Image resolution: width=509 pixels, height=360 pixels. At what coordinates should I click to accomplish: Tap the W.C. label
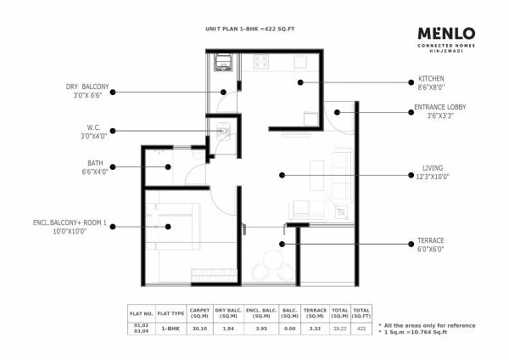(88, 127)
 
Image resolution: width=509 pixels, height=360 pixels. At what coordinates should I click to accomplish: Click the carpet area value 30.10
(199, 326)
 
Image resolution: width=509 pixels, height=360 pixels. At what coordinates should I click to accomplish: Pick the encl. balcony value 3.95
(259, 326)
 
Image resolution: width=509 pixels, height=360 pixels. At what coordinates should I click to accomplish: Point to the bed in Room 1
(172, 227)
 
